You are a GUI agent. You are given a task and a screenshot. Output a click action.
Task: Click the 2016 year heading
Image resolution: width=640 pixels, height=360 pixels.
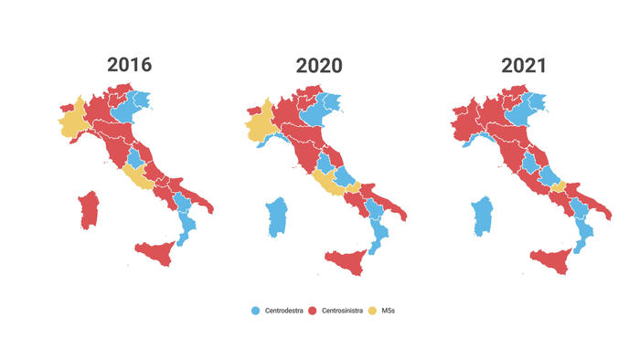coord(129,65)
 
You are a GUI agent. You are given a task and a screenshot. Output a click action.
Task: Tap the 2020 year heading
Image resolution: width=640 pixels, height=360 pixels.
coord(319,66)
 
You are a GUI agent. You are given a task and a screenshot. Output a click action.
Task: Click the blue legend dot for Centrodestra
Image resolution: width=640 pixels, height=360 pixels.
coord(256,312)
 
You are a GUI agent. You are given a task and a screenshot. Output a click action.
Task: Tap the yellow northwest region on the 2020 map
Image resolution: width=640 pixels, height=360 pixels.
coord(261,127)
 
